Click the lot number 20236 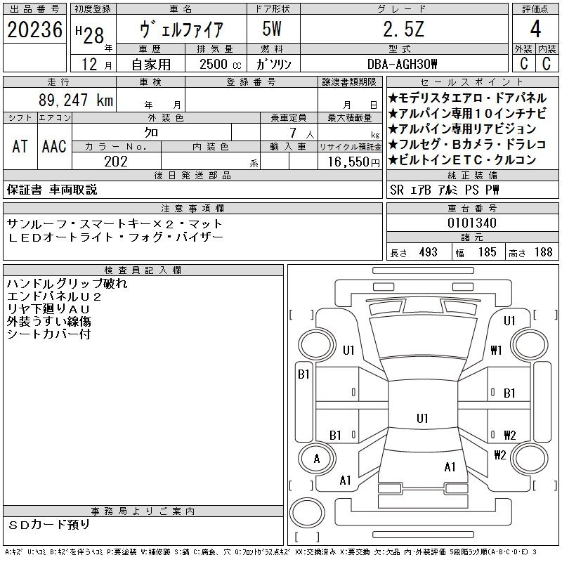click(34, 30)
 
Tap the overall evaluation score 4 click(535, 29)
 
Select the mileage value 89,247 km click(76, 100)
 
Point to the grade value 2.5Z click(403, 30)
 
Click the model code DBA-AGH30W click(402, 64)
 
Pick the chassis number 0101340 click(472, 223)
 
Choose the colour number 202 click(116, 162)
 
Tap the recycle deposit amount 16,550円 click(353, 162)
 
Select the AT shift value click(20, 146)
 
